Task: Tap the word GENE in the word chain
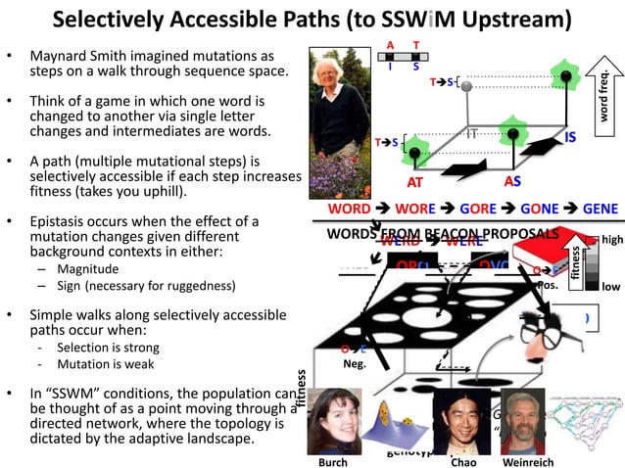point(600,210)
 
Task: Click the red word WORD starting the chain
point(349,210)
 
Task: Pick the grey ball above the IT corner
point(467,88)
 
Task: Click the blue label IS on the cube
point(569,138)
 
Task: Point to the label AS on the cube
point(511,181)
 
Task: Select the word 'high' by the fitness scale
point(611,240)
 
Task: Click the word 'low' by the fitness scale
point(610,286)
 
